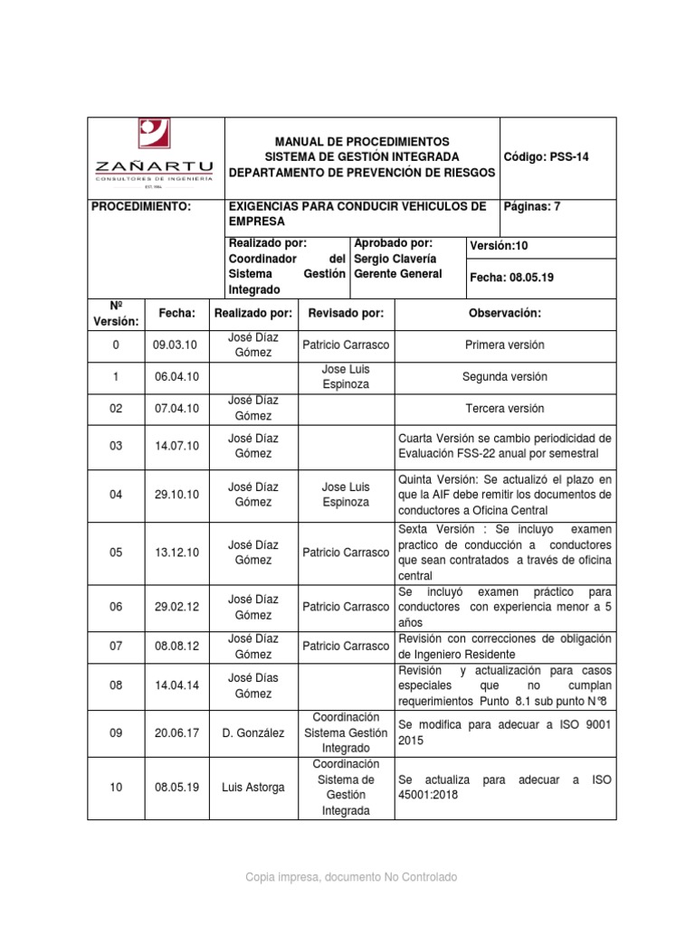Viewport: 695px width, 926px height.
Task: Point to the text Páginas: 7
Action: pos(531,206)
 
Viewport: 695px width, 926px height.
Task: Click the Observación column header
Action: pos(504,313)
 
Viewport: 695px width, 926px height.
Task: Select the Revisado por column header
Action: pos(346,313)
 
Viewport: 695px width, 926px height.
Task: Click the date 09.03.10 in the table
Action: pos(176,345)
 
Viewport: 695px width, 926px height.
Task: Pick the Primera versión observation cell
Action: pos(504,345)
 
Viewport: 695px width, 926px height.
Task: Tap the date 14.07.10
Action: pos(176,446)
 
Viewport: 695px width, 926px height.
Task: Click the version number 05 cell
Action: pos(115,553)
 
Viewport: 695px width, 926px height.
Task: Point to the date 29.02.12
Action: pos(176,607)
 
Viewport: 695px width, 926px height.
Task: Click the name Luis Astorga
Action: pos(253,787)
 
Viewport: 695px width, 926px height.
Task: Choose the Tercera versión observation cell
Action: pos(504,408)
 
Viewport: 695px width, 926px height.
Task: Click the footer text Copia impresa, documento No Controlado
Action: pos(347,877)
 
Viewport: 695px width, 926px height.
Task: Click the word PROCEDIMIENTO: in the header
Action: pos(142,206)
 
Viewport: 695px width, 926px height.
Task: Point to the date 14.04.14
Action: pos(176,685)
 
